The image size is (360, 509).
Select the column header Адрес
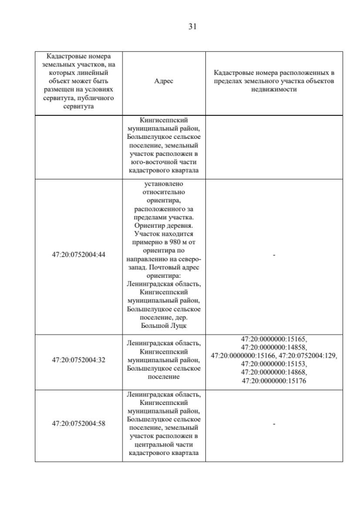click(164, 81)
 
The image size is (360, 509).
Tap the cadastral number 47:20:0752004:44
click(79, 255)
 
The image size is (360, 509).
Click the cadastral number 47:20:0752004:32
click(79, 359)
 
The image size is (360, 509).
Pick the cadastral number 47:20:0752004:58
click(79, 424)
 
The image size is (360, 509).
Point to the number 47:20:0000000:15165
click(274, 339)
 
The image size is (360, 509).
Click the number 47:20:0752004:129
click(308, 356)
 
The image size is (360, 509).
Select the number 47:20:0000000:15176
click(274, 381)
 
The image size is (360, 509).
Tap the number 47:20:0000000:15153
click(274, 364)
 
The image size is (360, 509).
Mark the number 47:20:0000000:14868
click(274, 372)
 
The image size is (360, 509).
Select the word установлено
click(164, 183)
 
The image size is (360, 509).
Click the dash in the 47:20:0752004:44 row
click(274, 255)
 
